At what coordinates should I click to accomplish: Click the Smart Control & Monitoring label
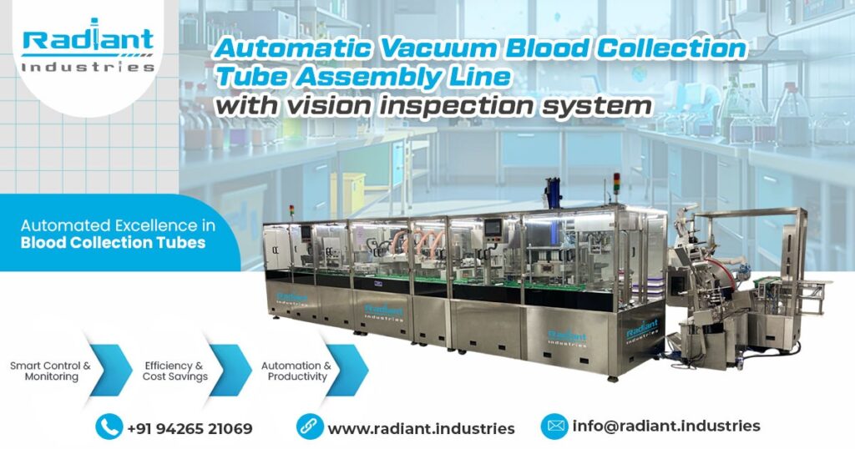[50, 371]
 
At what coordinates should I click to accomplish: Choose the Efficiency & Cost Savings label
[174, 371]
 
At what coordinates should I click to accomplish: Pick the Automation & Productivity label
[296, 371]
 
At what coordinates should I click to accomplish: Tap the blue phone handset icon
[109, 427]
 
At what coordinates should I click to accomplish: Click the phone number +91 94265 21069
[190, 428]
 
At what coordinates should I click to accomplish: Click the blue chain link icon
[310, 427]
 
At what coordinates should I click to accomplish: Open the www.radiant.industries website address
[421, 428]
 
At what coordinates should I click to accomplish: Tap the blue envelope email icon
[554, 426]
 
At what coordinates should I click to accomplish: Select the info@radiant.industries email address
[666, 426]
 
